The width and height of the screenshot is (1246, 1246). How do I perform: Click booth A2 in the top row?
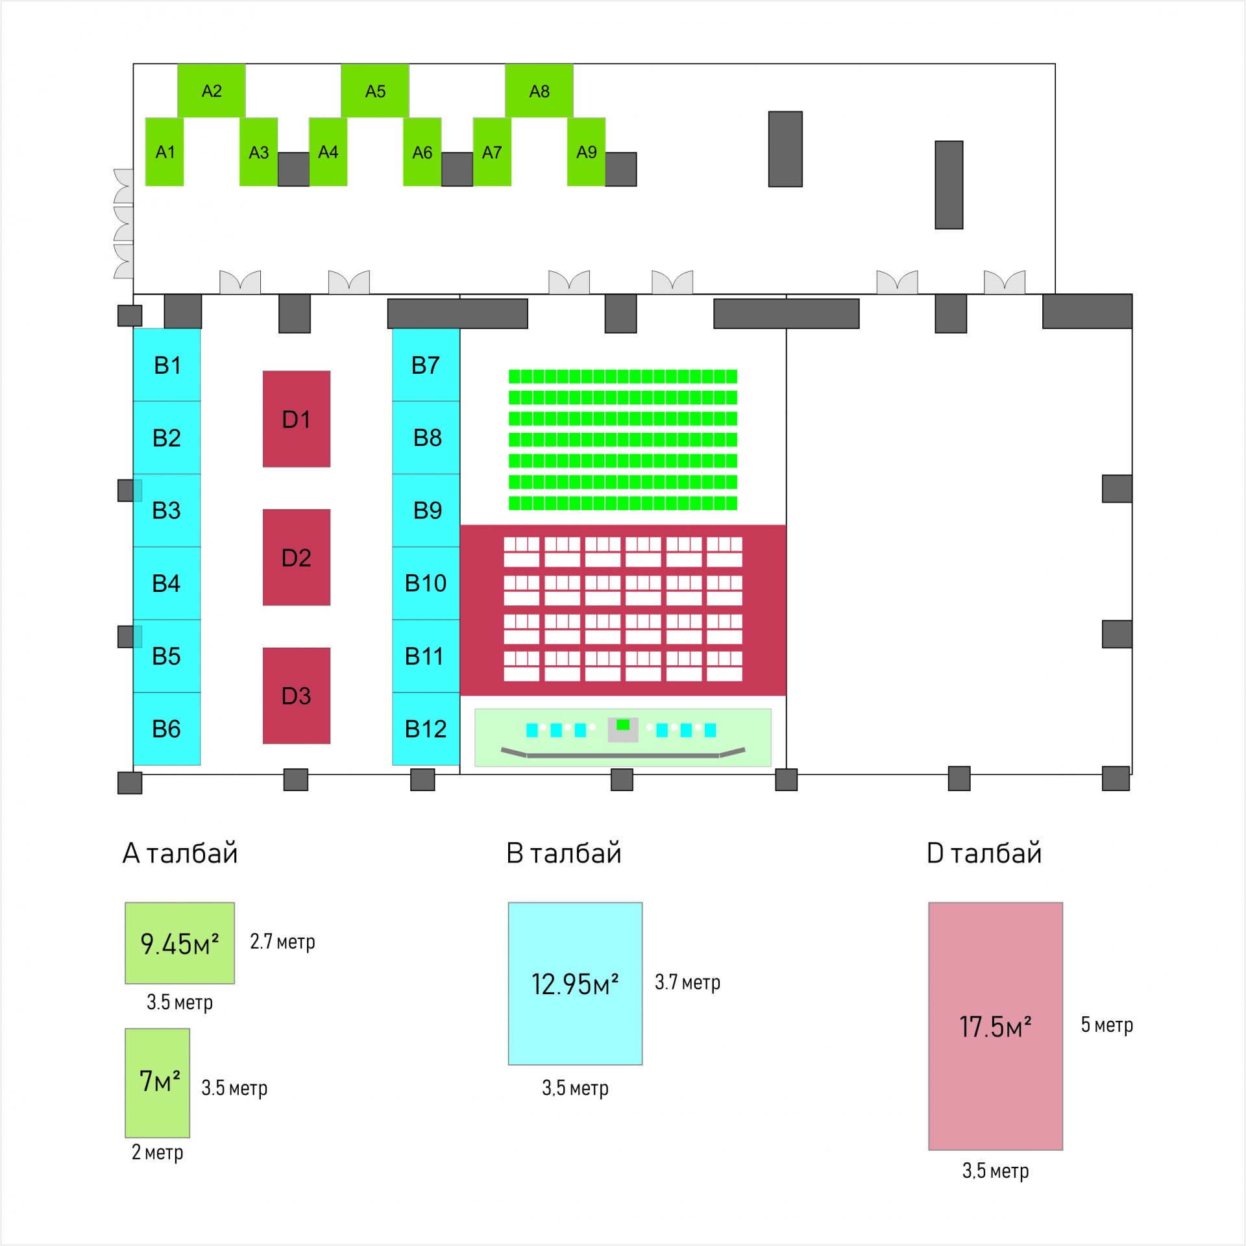tap(212, 91)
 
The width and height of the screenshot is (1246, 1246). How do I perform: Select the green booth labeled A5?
tap(375, 91)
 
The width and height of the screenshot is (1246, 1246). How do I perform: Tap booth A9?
tap(586, 152)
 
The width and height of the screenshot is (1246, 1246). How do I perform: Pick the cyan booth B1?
tap(167, 365)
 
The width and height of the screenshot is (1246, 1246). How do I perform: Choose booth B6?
tap(167, 729)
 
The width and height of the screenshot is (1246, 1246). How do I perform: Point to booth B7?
tap(426, 365)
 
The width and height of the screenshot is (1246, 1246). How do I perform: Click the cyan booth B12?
tap(426, 729)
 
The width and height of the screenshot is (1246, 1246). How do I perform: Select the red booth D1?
tap(297, 419)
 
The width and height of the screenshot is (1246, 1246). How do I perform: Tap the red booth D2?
tap(297, 557)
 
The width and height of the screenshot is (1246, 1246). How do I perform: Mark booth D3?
tap(297, 696)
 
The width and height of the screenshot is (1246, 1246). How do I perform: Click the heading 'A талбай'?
tap(180, 853)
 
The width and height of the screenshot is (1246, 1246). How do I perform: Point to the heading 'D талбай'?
tap(984, 853)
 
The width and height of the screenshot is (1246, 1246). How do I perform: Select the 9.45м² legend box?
tap(180, 943)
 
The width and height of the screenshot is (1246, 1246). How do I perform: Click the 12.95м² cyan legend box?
tap(575, 983)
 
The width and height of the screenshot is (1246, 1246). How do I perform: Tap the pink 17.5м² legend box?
tap(996, 1026)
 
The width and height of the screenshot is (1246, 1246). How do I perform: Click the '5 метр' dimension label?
tap(1106, 1025)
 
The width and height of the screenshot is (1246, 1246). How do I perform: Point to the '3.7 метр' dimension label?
tap(687, 982)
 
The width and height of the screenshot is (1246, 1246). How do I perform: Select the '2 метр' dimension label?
tap(158, 1152)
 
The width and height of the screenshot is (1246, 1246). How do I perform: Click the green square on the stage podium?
tap(623, 725)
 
